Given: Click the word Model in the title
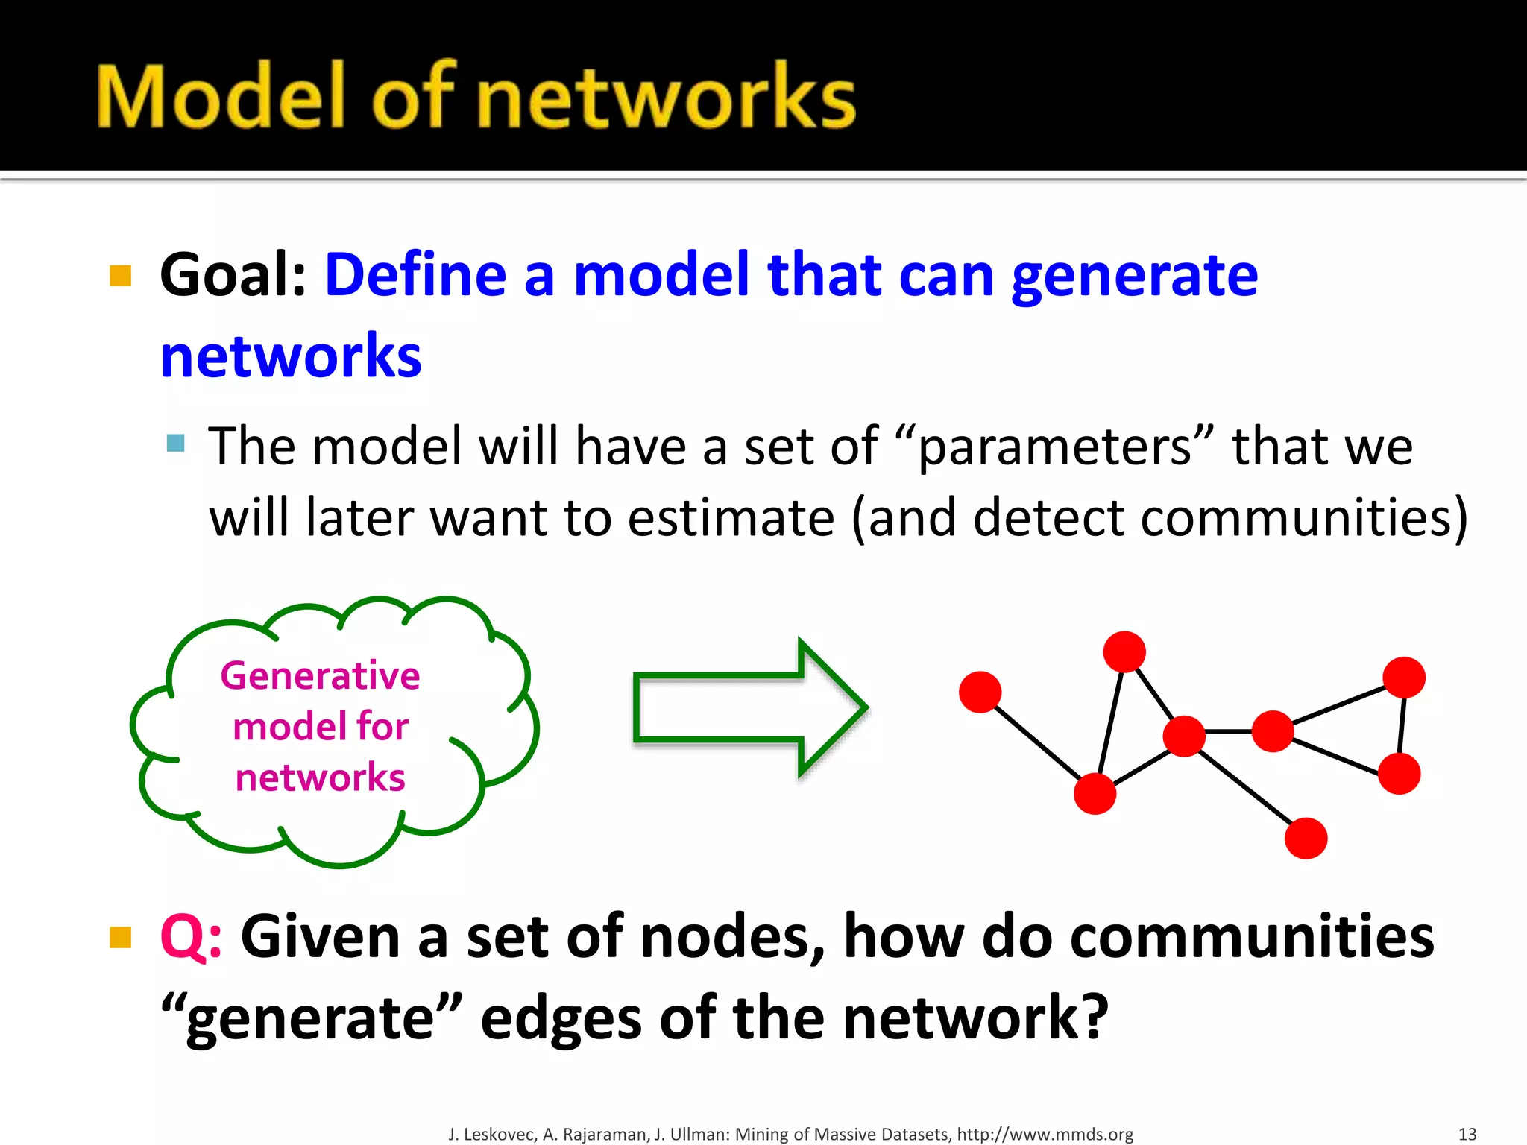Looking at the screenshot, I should pyautogui.click(x=221, y=97).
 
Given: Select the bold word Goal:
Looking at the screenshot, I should pyautogui.click(x=233, y=275).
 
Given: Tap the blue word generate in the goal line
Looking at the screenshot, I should pyautogui.click(x=1134, y=277).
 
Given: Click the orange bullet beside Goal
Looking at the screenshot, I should pyautogui.click(x=120, y=276).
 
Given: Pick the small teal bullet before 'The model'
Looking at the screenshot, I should pyautogui.click(x=176, y=444).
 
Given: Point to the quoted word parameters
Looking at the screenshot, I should pyautogui.click(x=1054, y=447).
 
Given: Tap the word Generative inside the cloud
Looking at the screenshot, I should pyautogui.click(x=320, y=676).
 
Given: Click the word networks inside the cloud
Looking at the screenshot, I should pyautogui.click(x=320, y=777).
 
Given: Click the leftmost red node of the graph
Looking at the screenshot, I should pyautogui.click(x=980, y=692).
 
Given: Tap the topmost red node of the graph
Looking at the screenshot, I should pyautogui.click(x=1124, y=652).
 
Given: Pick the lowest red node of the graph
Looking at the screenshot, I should pyautogui.click(x=1306, y=839).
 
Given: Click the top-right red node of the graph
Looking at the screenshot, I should pyautogui.click(x=1404, y=677).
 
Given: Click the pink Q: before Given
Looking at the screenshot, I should pyautogui.click(x=191, y=937).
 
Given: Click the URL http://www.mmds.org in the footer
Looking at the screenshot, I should pyautogui.click(x=1045, y=1134).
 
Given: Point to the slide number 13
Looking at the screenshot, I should pyautogui.click(x=1467, y=1134).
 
